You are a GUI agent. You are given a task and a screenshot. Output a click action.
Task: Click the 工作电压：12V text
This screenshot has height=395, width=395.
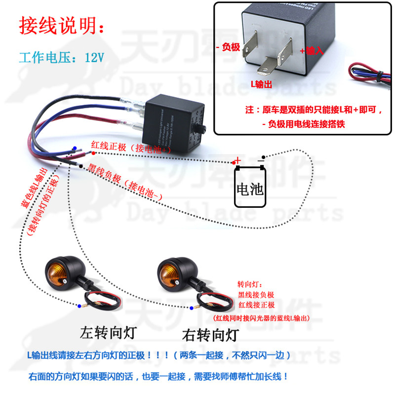(x=62, y=57)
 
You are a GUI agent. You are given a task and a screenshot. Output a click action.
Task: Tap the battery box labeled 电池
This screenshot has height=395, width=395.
(x=250, y=188)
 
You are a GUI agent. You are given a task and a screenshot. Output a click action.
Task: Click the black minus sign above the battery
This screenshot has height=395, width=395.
(x=261, y=159)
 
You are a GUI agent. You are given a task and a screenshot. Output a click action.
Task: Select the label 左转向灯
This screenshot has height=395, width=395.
(x=107, y=332)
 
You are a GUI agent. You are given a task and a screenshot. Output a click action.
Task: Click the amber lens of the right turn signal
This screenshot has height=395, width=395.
(x=166, y=272)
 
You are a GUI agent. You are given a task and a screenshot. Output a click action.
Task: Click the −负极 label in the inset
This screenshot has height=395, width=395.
(x=228, y=47)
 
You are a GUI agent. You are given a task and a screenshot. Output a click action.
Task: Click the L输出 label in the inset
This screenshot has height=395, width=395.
(x=261, y=84)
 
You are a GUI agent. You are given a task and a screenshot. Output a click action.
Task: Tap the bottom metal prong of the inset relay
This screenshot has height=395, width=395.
(x=271, y=66)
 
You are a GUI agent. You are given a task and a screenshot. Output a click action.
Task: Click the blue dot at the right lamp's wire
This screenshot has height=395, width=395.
(x=192, y=308)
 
